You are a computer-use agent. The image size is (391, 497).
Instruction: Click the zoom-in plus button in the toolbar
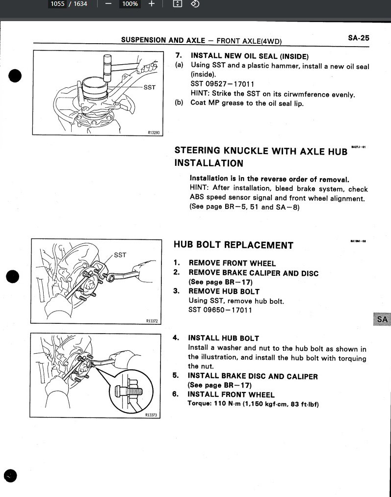click(x=152, y=4)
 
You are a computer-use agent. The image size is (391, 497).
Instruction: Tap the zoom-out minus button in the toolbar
click(x=108, y=4)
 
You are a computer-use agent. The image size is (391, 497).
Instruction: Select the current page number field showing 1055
click(x=58, y=4)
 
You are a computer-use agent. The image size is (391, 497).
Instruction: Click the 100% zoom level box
click(x=130, y=4)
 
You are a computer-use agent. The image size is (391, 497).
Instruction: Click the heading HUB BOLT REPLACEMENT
click(x=234, y=245)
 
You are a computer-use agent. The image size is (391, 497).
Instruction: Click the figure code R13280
click(x=154, y=132)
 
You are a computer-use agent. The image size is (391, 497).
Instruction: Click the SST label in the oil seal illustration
click(x=150, y=87)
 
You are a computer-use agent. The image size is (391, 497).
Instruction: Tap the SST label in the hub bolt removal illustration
click(x=120, y=255)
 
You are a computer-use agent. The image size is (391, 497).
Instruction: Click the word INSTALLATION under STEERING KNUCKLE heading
click(x=209, y=163)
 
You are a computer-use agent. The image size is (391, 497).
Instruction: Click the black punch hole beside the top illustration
click(x=16, y=76)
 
